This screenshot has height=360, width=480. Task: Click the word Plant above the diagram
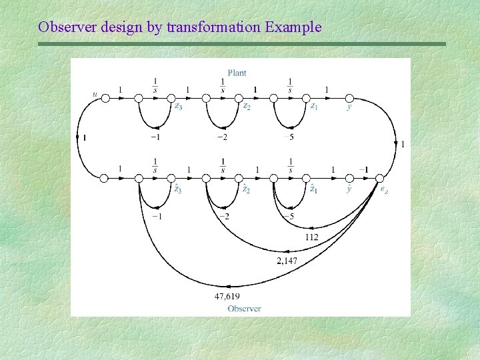[x=237, y=73]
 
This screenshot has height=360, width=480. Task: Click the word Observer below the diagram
[x=244, y=308]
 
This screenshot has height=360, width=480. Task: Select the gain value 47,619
[x=227, y=296]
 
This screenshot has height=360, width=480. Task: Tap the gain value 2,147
[x=287, y=261]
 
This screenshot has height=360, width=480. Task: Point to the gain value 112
[x=311, y=237]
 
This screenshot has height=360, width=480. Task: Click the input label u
[x=95, y=94]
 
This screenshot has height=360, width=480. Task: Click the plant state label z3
[x=178, y=106]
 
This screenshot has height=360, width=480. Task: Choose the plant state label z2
[x=246, y=106]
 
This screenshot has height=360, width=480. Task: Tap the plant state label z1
[x=313, y=106]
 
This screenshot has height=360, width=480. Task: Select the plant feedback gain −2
[x=223, y=137]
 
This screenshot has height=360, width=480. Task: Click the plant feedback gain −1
[x=155, y=137]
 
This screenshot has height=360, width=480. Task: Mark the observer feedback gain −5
[x=289, y=216]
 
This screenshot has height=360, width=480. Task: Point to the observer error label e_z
[x=385, y=189]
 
